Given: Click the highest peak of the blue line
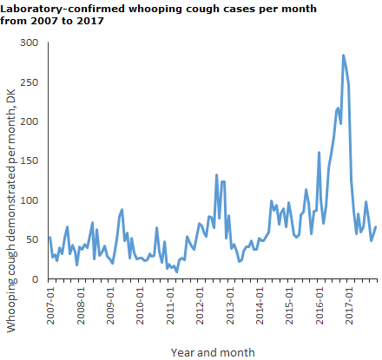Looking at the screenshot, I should [344, 56].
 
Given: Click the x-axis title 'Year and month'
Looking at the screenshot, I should [213, 352].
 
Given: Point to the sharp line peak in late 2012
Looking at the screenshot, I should [216, 175].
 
